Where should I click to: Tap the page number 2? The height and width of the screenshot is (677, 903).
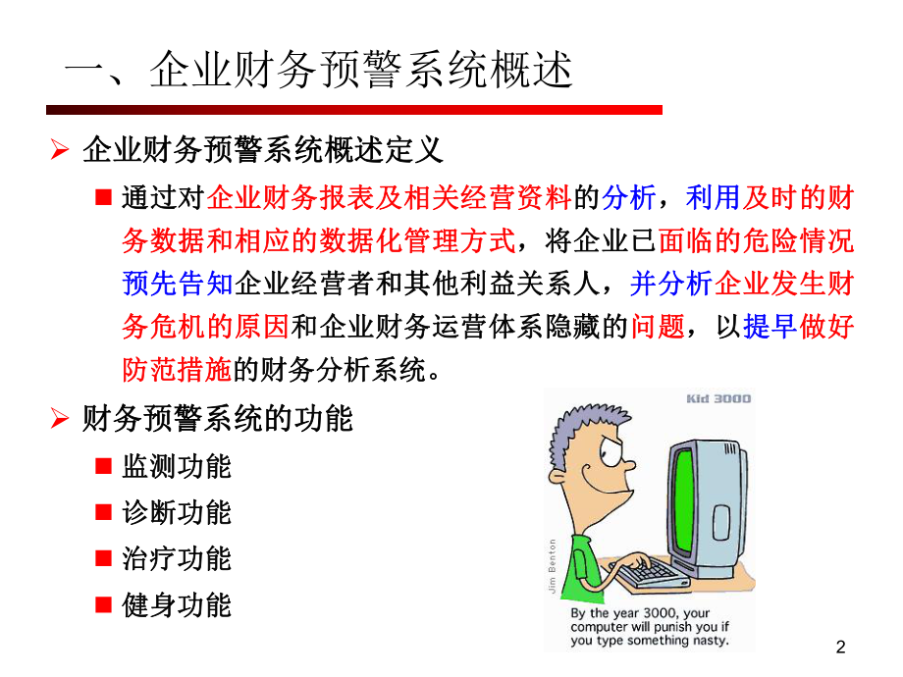point(840,647)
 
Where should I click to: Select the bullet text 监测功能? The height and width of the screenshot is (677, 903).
point(177,466)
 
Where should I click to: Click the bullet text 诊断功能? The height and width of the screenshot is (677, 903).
point(177,512)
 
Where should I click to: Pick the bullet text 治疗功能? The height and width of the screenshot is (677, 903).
point(177,558)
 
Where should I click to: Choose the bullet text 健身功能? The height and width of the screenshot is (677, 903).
point(177,604)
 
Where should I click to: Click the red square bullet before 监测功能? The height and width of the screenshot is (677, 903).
point(103,466)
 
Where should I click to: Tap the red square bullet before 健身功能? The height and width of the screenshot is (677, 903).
point(103,604)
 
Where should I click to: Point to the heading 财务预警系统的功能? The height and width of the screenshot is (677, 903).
point(217,419)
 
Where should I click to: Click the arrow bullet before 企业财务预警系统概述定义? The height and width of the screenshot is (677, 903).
point(60,150)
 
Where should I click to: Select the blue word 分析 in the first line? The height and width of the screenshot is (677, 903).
point(629,198)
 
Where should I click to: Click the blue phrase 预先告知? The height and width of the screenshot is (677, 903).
point(177,284)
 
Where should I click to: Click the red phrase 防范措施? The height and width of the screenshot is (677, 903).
point(177,370)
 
